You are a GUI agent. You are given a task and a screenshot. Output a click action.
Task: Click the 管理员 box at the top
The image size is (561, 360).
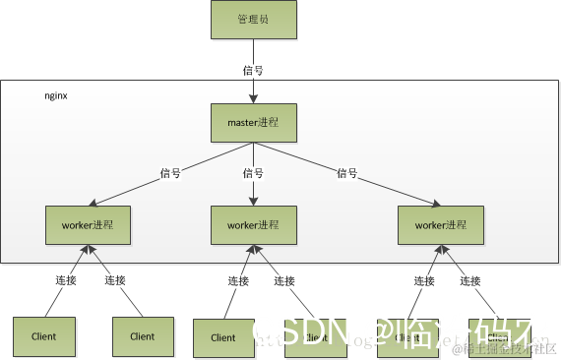point(253,20)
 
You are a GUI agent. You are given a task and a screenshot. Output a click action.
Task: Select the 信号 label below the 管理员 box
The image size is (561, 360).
point(253,70)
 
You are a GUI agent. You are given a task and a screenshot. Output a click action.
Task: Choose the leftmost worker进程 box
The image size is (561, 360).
point(88,225)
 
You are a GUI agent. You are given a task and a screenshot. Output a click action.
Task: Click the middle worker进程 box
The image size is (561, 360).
point(254,225)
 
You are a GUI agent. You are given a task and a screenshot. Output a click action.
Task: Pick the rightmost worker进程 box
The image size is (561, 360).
point(439,225)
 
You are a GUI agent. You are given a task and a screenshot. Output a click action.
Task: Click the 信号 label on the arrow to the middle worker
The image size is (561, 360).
point(253,173)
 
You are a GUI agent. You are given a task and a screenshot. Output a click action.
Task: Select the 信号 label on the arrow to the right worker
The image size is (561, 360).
point(346,173)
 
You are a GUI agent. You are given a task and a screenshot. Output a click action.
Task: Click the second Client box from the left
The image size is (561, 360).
point(142,336)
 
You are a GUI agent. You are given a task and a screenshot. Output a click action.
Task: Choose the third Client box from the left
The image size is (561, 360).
point(223,337)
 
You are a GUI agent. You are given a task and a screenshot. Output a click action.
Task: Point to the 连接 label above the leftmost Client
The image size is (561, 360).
point(66,280)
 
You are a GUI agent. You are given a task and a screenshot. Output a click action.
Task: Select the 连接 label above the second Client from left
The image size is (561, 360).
point(115,280)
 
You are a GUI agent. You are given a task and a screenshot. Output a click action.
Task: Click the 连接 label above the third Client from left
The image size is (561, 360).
point(238,280)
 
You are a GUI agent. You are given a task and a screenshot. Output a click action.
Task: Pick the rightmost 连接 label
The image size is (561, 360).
point(473,280)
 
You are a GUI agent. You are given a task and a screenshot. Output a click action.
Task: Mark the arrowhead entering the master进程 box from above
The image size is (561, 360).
point(253,99)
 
